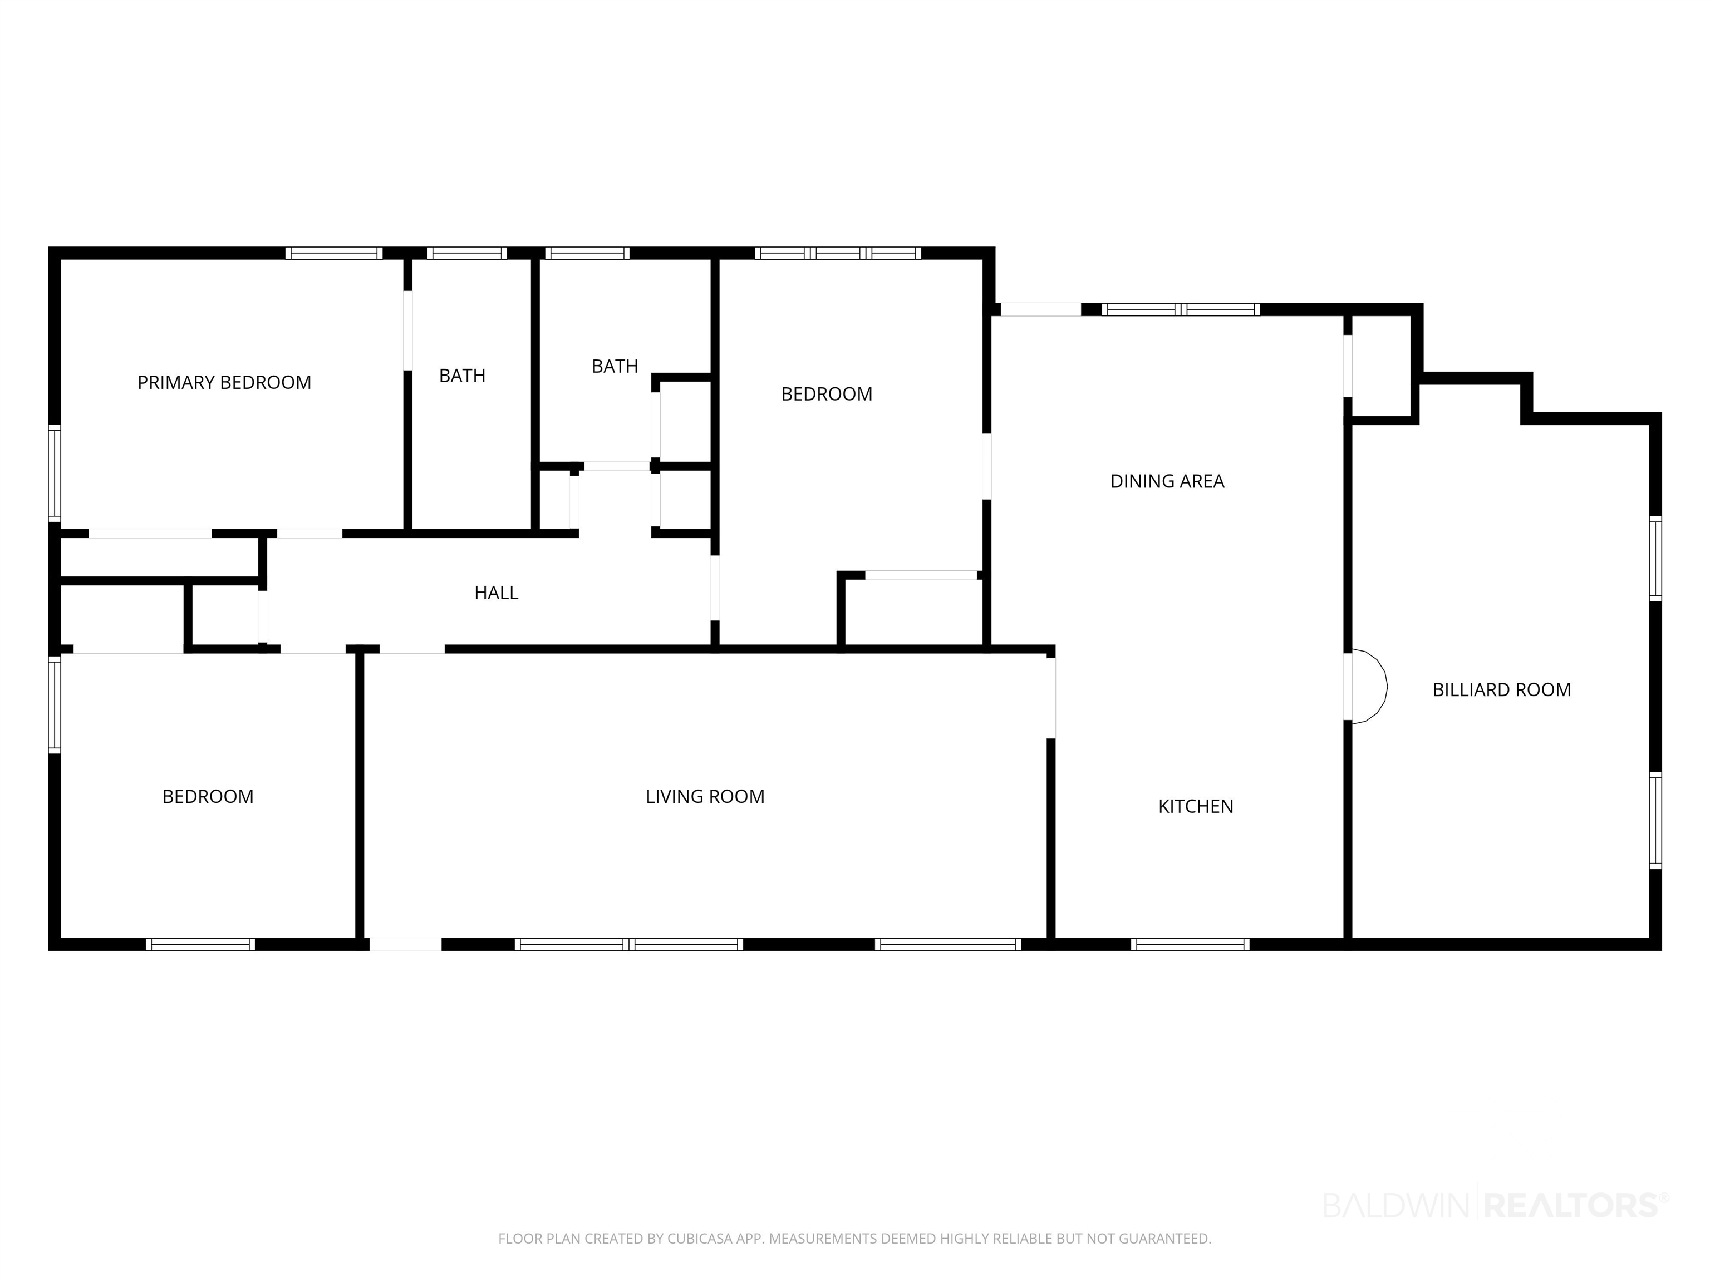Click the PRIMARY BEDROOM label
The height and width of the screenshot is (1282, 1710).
click(x=224, y=382)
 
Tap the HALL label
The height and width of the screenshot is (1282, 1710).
click(x=497, y=593)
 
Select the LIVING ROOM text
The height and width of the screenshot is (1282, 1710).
click(x=705, y=797)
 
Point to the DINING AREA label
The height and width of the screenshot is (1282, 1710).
click(x=1167, y=481)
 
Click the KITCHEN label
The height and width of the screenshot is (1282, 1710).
click(x=1196, y=807)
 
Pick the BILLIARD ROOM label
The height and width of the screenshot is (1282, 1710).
click(x=1502, y=690)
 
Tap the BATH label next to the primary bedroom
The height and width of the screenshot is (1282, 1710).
click(x=462, y=376)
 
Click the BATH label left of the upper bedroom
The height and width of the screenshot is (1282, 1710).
click(x=615, y=366)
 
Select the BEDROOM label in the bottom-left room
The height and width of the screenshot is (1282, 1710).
click(x=208, y=797)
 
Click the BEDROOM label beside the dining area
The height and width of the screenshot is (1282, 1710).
click(x=827, y=394)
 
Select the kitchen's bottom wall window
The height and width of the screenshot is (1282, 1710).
click(x=1190, y=944)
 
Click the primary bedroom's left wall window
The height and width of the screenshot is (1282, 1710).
click(x=54, y=473)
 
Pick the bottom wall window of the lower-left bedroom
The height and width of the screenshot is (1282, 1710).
click(x=200, y=944)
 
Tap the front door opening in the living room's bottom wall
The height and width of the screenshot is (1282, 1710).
click(x=405, y=944)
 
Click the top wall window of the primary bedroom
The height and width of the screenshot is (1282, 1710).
click(x=334, y=253)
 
